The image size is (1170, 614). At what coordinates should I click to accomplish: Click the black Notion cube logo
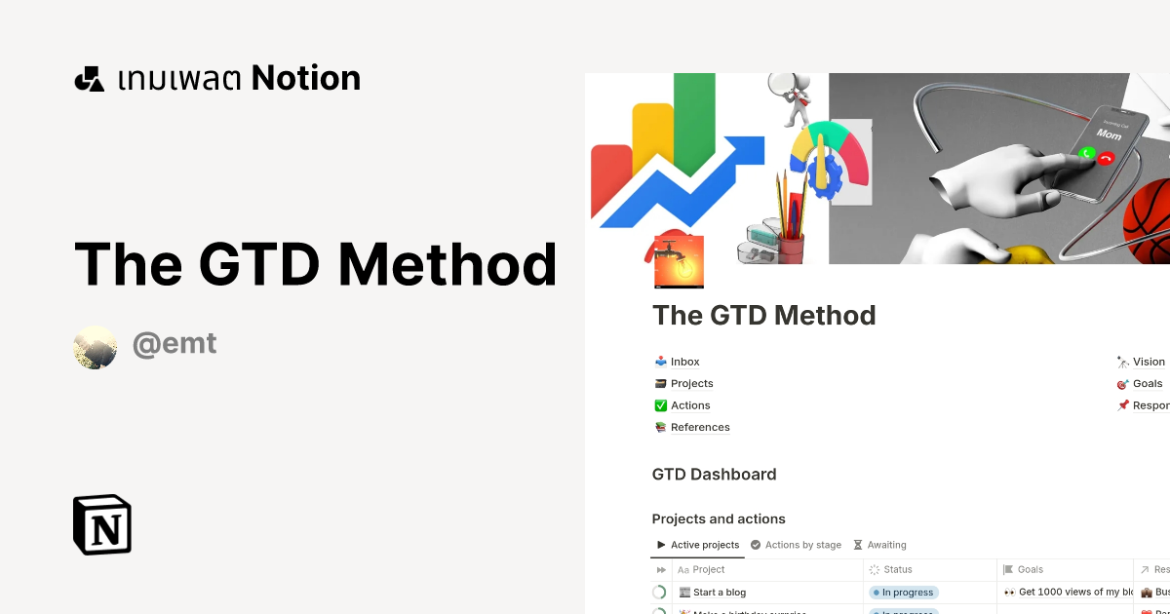click(102, 524)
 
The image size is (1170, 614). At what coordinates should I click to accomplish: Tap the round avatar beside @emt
click(96, 347)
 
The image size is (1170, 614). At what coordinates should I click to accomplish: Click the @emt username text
click(175, 344)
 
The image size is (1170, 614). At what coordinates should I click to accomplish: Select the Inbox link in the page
click(684, 362)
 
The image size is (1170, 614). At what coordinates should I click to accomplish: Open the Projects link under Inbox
click(691, 383)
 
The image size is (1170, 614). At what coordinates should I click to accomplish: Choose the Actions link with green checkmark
click(689, 405)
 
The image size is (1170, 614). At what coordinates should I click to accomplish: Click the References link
click(699, 427)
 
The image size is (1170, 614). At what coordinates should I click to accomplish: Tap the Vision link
click(1148, 362)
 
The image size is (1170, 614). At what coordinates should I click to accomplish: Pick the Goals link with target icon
click(1147, 383)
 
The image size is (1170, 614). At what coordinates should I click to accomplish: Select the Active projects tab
click(704, 545)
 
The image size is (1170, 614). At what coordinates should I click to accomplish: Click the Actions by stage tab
click(802, 545)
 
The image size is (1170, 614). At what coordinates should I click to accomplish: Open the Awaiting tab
click(886, 545)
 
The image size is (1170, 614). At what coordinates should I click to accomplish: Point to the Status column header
click(897, 569)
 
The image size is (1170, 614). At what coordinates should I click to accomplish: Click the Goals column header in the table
click(1030, 569)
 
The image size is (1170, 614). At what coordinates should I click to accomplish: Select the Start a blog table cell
click(719, 592)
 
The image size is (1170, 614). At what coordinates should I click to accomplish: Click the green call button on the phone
click(1086, 152)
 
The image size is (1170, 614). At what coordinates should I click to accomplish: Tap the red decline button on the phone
click(1105, 159)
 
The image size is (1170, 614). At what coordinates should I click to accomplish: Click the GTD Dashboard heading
click(714, 475)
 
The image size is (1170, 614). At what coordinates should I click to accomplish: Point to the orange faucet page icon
click(675, 260)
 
